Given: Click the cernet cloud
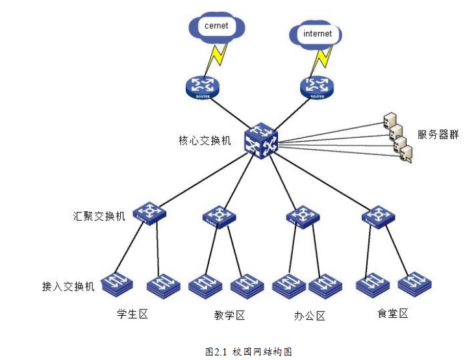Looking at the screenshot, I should point(216,27).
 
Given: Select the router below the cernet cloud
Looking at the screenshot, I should point(202,86).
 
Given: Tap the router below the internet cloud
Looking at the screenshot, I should point(317,86).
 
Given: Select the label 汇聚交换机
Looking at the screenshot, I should point(99,216).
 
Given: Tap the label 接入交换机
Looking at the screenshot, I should point(69,286).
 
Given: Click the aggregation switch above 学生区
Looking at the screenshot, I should point(150,212).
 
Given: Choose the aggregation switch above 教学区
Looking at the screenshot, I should point(219,216).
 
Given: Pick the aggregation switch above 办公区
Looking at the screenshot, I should point(303,216).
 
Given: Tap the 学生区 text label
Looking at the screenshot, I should point(133,315).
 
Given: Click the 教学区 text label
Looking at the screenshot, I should point(229,316).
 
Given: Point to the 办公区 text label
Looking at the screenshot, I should point(309,316).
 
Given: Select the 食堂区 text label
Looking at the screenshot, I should point(393,314).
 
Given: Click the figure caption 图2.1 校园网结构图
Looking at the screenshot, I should point(248,352).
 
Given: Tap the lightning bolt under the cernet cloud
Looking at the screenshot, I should point(216,58).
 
